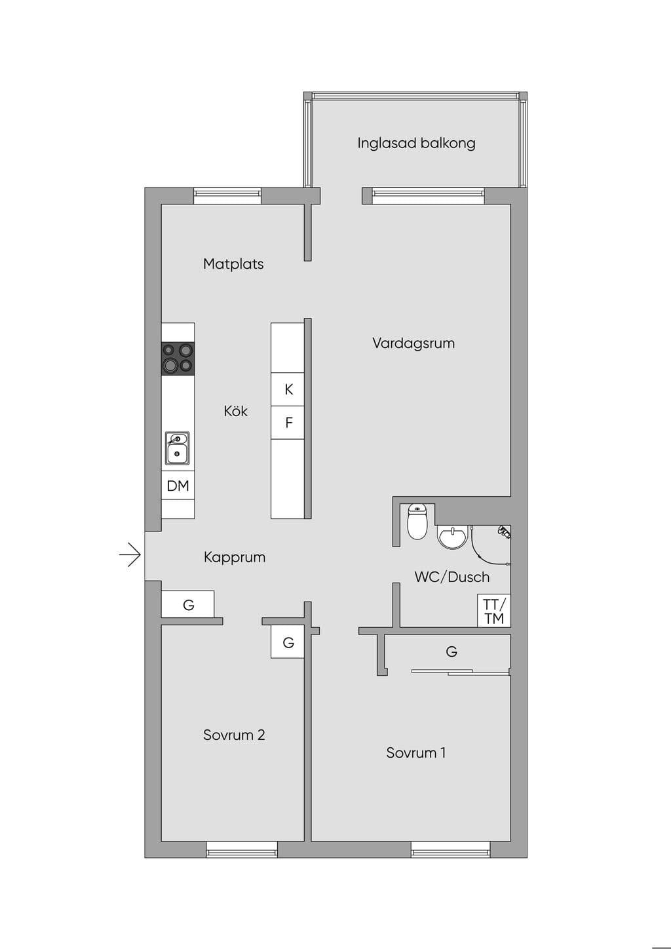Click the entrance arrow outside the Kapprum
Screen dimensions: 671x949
(130, 554)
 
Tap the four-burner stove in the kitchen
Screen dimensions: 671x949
(178, 358)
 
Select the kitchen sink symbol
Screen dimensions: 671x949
(178, 448)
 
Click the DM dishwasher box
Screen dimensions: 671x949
(178, 486)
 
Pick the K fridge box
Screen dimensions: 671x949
(288, 389)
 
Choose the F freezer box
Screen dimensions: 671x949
(288, 422)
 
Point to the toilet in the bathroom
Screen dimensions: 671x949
(417, 522)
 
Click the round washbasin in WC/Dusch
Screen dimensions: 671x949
(452, 537)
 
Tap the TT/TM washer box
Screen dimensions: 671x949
(494, 611)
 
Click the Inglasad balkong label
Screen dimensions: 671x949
(416, 143)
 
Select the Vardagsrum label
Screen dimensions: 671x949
(413, 343)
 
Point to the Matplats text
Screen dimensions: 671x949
(233, 264)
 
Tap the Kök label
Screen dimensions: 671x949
(236, 410)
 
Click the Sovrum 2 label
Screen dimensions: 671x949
(234, 735)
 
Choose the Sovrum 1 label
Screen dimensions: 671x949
(415, 752)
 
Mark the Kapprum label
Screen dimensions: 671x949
(235, 557)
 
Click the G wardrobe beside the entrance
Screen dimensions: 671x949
(187, 604)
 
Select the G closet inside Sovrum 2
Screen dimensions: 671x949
(288, 642)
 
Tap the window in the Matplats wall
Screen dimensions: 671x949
(227, 195)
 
